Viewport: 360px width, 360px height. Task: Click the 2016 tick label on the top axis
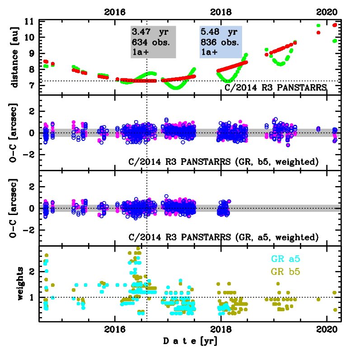pos(115,12)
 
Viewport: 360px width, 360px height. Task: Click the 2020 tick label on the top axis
pos(325,12)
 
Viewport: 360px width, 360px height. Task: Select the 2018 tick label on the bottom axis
pos(220,329)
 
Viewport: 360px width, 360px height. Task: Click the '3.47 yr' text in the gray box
pos(151,33)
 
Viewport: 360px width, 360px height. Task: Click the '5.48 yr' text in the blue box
pos(220,33)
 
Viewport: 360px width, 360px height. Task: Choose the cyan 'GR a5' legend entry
pos(285,259)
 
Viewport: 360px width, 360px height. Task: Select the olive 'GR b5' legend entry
pos(285,272)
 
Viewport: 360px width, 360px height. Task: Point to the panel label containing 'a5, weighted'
pos(224,237)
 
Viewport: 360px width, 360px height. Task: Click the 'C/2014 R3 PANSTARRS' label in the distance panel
pos(276,87)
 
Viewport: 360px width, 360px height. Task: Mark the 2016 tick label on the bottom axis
pos(115,329)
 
